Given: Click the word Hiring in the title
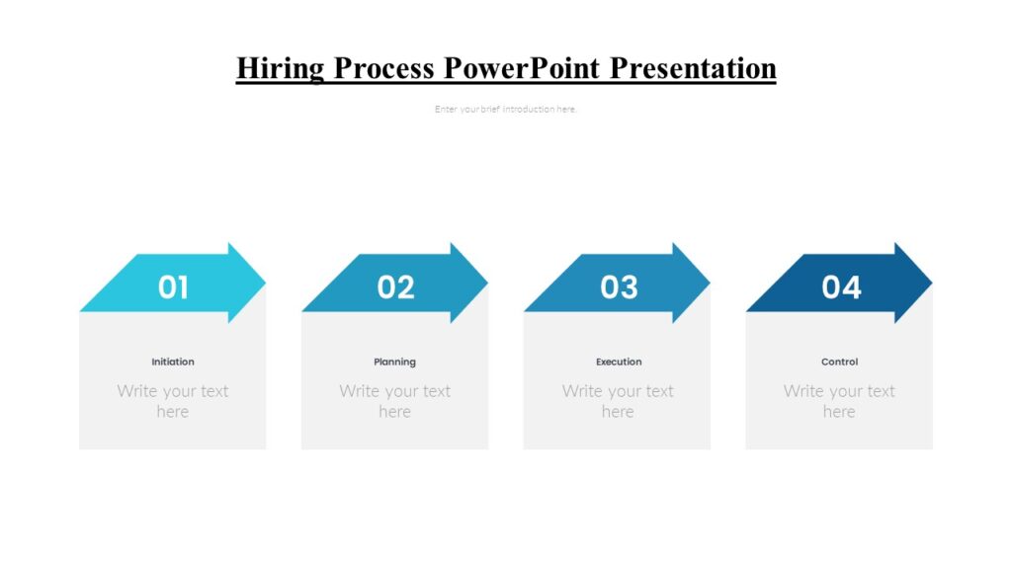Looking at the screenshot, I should click(281, 68).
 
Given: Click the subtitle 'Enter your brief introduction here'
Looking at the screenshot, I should click(505, 110).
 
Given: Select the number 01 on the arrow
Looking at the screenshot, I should click(173, 287).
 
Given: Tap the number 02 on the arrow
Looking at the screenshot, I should click(395, 287).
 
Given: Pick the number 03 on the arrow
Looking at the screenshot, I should click(619, 287).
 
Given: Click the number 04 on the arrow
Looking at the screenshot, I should click(841, 287).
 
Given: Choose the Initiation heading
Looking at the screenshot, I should click(173, 362).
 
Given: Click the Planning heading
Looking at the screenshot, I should click(394, 362).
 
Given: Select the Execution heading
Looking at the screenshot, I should click(619, 362).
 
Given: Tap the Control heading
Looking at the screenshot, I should click(839, 362).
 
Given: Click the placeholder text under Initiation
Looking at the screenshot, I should click(173, 401).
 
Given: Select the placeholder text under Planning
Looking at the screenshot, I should click(394, 401).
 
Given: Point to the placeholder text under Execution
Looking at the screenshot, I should click(618, 401).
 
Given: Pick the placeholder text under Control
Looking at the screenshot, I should click(839, 401).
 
